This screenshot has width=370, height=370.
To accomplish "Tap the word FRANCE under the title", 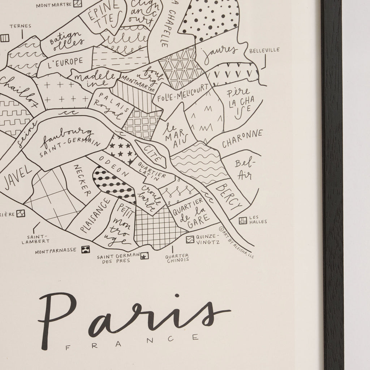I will coord(132,339).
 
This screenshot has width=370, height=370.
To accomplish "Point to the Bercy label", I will coord(229,196).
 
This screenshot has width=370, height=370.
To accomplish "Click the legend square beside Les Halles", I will coord(243,220).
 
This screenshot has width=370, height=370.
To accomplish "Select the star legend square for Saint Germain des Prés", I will coord(144,256).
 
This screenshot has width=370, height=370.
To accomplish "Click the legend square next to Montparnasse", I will coord(85,249).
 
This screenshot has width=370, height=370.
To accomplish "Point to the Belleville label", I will coord(264,51).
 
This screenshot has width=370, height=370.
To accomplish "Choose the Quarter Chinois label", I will coord(177,257).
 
